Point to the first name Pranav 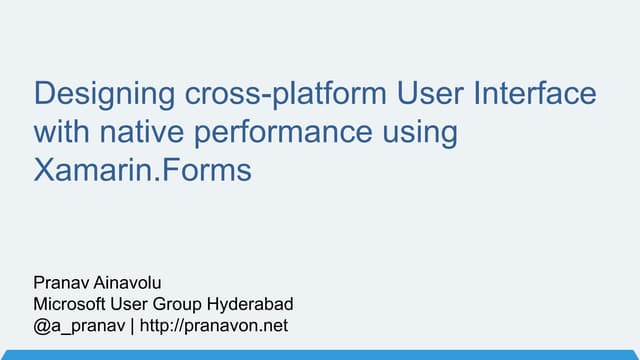61,285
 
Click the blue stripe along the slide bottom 320,354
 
